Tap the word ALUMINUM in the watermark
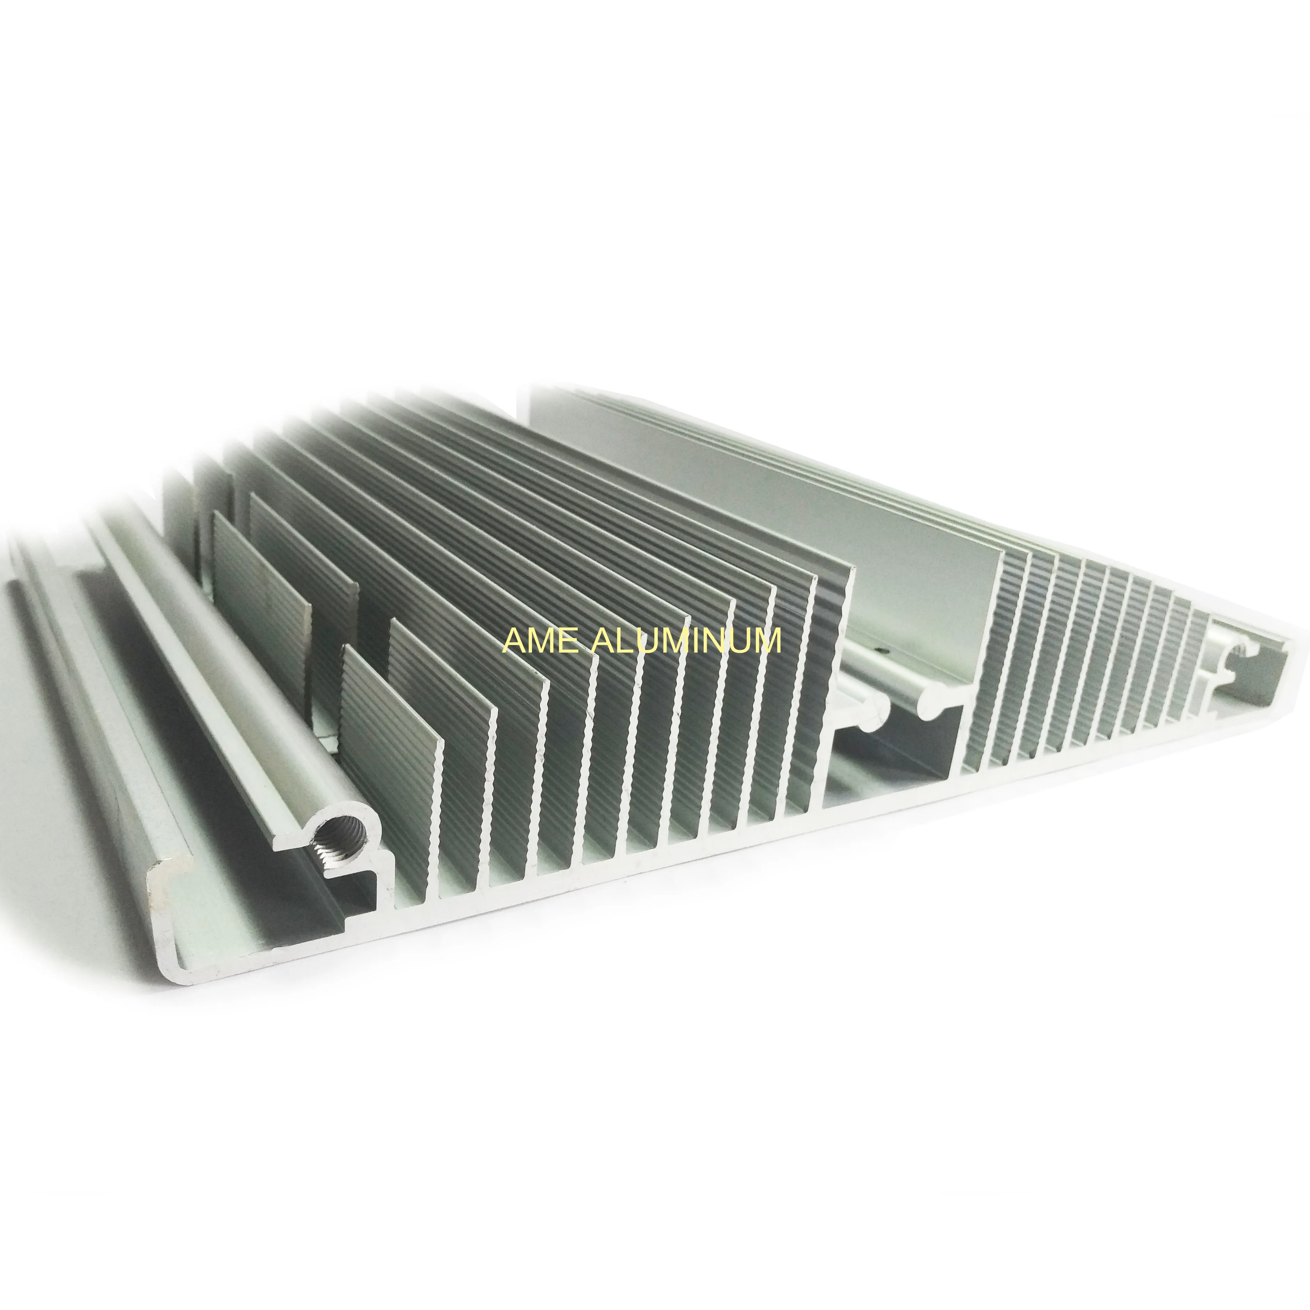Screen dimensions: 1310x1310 pos(686,641)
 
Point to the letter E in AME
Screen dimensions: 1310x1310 pos(568,641)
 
